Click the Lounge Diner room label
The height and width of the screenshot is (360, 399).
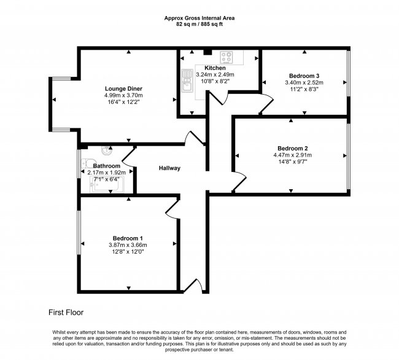coord(123,88)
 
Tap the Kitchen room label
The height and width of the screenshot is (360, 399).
coord(215,68)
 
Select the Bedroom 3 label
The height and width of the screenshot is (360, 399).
coord(304,76)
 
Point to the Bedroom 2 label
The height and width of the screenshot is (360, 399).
coord(293,149)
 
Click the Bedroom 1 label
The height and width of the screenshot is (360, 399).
coord(128,238)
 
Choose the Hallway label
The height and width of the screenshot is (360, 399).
coord(169,168)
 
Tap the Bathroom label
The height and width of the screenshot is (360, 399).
coord(106,166)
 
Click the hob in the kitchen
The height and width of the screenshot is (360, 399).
coord(227,57)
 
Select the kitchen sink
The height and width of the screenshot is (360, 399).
coord(187,80)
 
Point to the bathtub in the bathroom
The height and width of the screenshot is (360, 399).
coord(107,184)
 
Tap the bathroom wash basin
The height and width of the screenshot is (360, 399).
coord(107,151)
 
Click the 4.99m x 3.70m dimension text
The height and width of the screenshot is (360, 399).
coord(123,95)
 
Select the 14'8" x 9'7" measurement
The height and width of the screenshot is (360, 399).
coord(293,162)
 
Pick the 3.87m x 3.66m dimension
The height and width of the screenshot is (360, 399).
coord(128,245)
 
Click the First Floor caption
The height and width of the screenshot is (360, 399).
coord(66,313)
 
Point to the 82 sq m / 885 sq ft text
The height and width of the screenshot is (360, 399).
coord(199,25)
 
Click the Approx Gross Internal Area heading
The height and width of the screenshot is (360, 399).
coord(199,18)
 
